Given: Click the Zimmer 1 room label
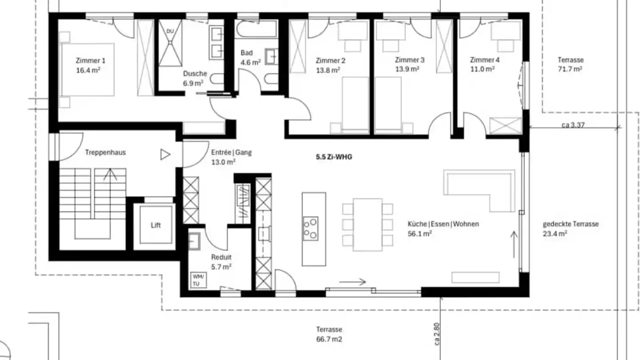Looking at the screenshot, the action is coord(90,60).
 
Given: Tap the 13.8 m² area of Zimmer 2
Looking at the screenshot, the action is coord(328,70).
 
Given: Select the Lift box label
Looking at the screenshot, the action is coord(156,225).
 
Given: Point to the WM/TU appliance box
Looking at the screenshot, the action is coord(198,280).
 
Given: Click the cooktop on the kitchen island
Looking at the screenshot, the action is coord(311,228).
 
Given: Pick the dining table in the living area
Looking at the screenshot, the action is coord(368,224).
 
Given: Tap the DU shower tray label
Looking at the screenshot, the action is coord(170,31).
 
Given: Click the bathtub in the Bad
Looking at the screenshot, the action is coord(256,29).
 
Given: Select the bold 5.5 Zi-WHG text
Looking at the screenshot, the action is coord(334,157).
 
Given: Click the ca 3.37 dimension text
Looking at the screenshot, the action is coord(573,125).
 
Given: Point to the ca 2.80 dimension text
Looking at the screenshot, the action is coord(436,334).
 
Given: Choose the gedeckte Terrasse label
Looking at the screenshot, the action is coord(571,224).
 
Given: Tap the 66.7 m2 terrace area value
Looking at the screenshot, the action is coord(329,339).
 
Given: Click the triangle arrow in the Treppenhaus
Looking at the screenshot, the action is coord(165,155).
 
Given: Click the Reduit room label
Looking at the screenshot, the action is coord(221,257).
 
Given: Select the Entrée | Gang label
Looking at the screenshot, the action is coord(232,152).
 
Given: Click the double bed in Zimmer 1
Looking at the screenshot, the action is coord(87,70).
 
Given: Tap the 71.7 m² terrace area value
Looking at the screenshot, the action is coord(570,69).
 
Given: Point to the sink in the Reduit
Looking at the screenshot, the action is coord(195,241).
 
